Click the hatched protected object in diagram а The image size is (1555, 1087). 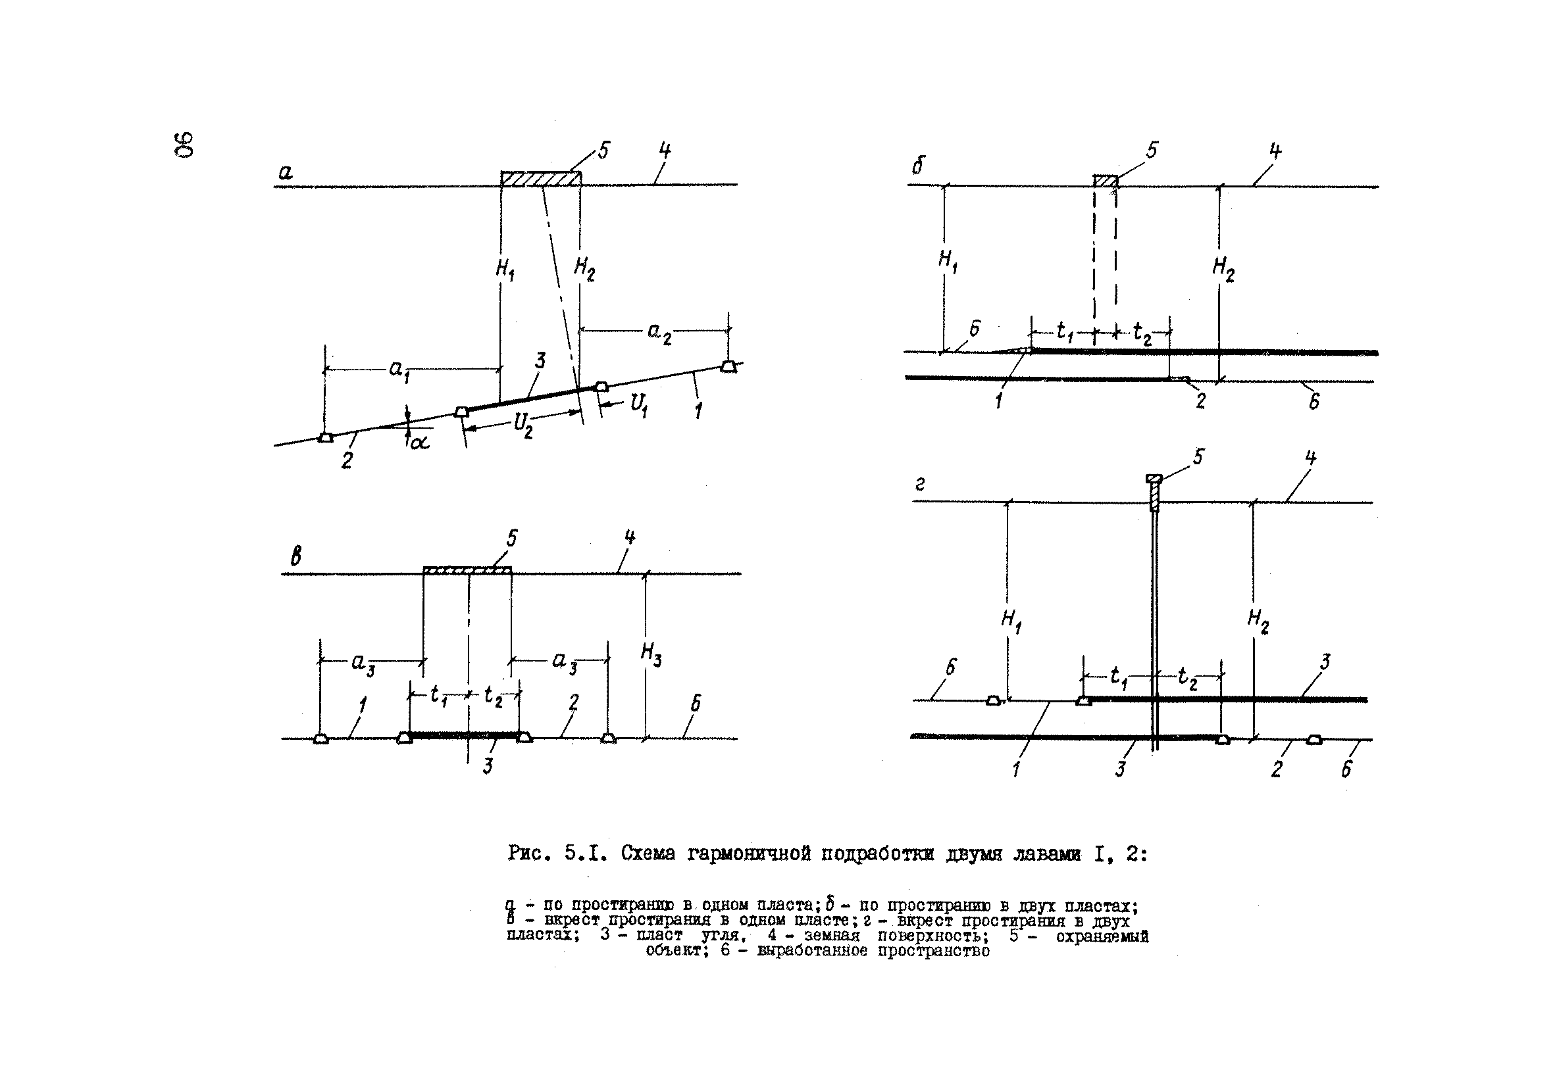tap(540, 178)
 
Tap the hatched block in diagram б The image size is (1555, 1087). tap(1106, 181)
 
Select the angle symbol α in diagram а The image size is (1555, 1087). tap(420, 443)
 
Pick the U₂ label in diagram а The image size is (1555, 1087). tap(523, 425)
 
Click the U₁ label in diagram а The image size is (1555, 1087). tap(638, 405)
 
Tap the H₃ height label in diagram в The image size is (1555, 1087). tap(651, 654)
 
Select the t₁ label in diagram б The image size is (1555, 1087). tap(1065, 331)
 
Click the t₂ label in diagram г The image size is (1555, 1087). tap(1187, 677)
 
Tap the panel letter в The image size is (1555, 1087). tap(296, 557)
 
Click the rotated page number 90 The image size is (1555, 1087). tap(184, 144)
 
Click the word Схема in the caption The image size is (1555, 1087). tap(648, 854)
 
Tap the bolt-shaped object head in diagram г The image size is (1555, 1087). tap(1154, 479)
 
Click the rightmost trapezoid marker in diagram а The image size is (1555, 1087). tap(728, 366)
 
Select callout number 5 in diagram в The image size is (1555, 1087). tap(512, 538)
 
